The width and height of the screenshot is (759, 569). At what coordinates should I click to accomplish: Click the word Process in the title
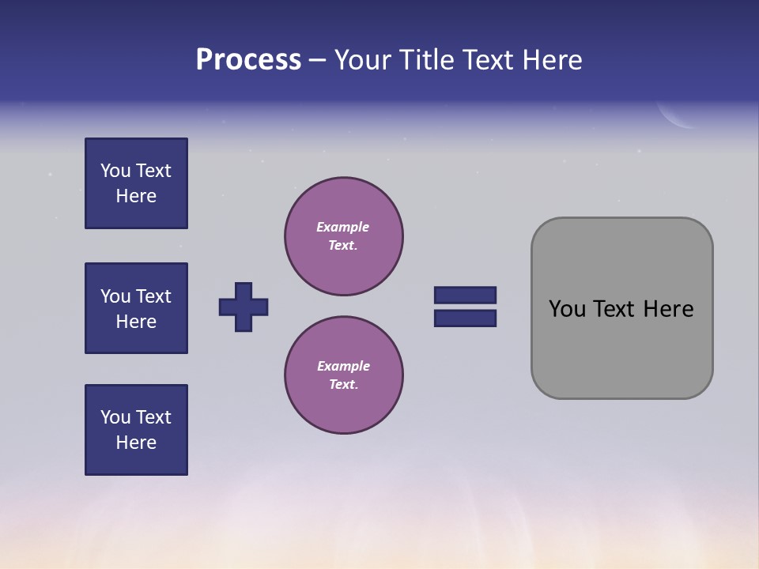248,60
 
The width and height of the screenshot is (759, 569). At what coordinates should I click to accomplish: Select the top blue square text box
136,183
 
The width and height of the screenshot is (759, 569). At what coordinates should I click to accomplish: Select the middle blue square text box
136,308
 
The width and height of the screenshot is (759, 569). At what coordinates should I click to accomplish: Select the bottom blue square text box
136,430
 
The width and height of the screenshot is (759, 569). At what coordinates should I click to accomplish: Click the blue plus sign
244,307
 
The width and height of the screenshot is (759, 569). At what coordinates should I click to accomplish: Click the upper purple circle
344,236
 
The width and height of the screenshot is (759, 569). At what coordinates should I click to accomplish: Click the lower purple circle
344,375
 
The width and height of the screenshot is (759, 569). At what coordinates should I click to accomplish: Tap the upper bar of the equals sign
465,295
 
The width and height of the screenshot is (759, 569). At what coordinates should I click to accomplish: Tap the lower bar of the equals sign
465,318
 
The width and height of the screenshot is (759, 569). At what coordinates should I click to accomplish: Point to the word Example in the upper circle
342,227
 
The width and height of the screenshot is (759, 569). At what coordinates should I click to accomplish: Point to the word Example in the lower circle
343,366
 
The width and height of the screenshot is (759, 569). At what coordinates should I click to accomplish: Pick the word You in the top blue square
115,171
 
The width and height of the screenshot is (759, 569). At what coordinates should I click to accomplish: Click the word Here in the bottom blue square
136,443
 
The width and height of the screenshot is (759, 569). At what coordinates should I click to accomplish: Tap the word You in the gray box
566,309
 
